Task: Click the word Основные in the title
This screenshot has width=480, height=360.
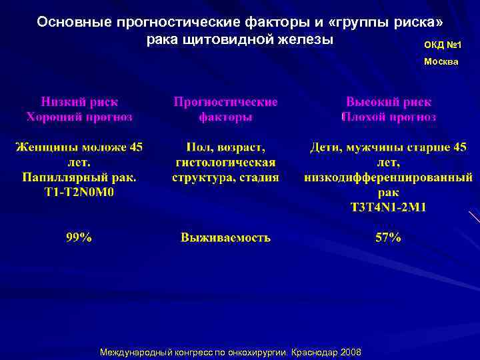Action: pyautogui.click(x=74, y=22)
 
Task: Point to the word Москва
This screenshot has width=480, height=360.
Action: pyautogui.click(x=441, y=61)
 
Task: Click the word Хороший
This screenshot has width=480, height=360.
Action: pyautogui.click(x=53, y=117)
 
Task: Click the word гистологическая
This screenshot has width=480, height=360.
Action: pyautogui.click(x=225, y=163)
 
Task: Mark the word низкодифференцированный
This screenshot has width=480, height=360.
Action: pyautogui.click(x=388, y=177)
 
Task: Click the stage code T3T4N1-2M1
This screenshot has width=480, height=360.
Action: pyautogui.click(x=388, y=207)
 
